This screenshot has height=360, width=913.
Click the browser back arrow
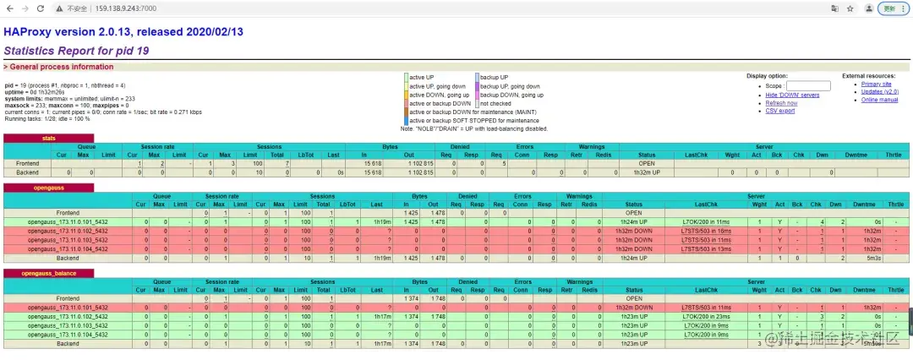[x=9, y=8]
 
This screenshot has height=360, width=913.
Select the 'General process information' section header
[x=59, y=66]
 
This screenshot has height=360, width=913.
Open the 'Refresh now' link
[x=781, y=103]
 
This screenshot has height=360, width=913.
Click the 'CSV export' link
[x=779, y=111]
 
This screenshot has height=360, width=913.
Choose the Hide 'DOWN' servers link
[x=792, y=95]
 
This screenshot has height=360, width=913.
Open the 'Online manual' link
[x=879, y=100]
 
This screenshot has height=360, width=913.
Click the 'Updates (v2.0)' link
[x=879, y=92]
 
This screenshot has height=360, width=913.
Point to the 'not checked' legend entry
[x=499, y=103]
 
